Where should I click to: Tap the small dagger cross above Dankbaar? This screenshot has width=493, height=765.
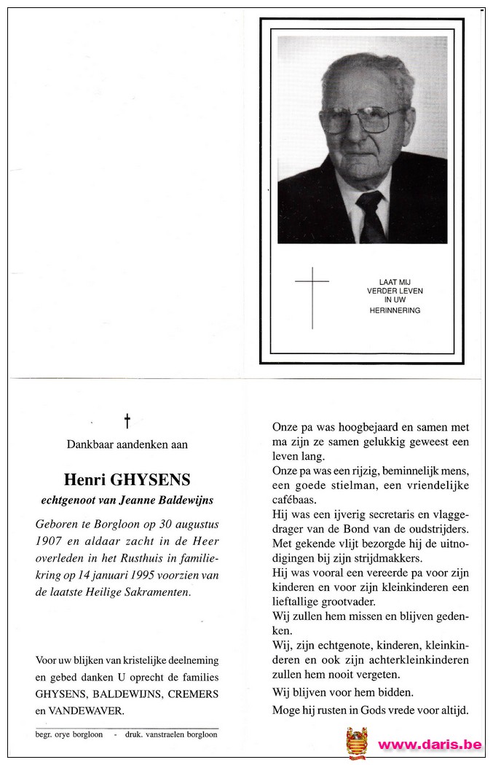pyautogui.click(x=127, y=420)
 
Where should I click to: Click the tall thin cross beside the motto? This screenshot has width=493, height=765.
pyautogui.click(x=312, y=297)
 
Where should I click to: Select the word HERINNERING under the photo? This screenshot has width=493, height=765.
pyautogui.click(x=395, y=310)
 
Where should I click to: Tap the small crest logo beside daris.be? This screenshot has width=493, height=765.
pyautogui.click(x=357, y=742)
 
